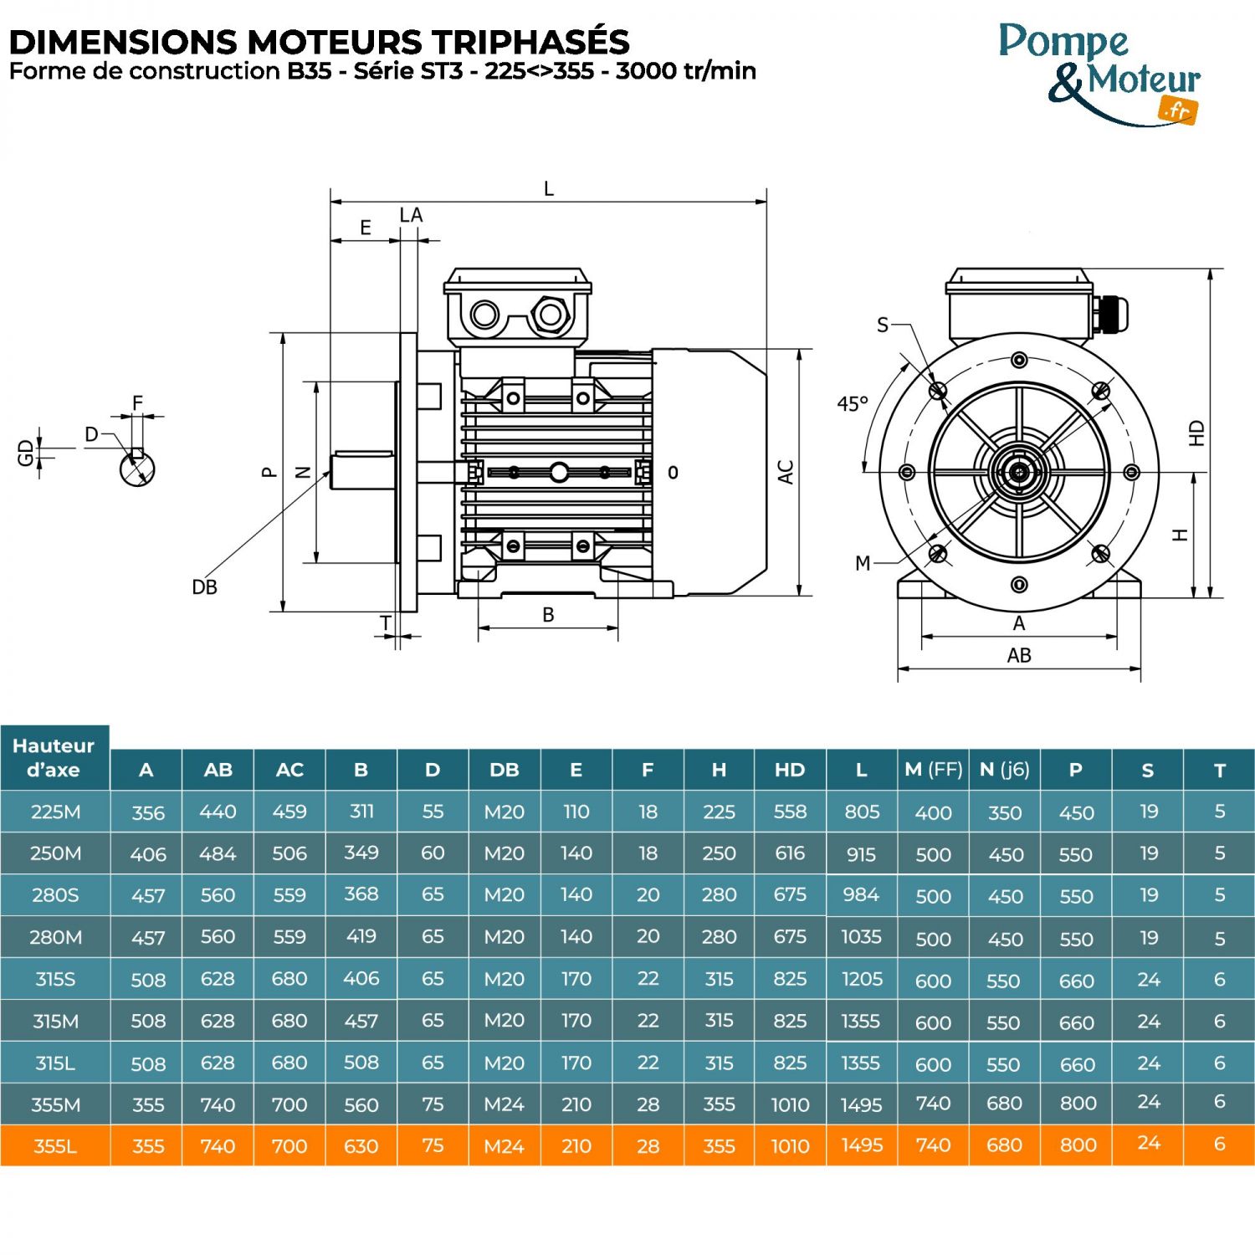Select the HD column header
pos(789,770)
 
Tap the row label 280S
pos(55,895)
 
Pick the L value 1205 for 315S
pos(861,979)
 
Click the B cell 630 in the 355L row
pos(361,1146)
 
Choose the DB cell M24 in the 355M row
pos(504,1104)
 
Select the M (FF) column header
pos(933,770)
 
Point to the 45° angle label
pos(852,404)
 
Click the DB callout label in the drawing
pos(204,587)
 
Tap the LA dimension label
pos(411,216)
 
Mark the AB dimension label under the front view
pos(1018,655)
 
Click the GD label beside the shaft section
pos(26,453)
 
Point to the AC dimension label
pos(786,472)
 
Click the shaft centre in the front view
pos(1018,473)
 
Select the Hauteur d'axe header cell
pos(54,758)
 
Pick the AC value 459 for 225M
pos(289,812)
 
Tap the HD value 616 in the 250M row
pos(789,853)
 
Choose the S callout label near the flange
pos(883,325)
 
